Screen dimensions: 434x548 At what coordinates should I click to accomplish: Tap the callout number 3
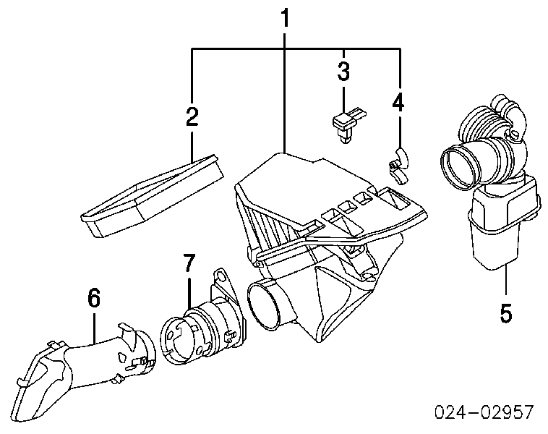(x=343, y=72)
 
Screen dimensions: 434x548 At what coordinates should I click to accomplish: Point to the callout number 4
(x=398, y=103)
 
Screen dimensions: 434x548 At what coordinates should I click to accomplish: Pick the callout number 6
(x=94, y=297)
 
